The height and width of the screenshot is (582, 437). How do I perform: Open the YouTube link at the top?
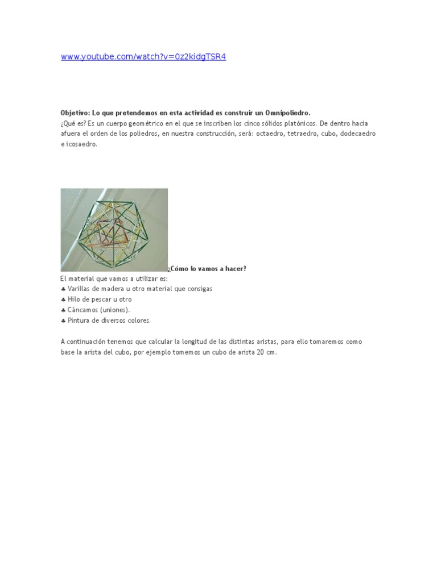[x=143, y=57]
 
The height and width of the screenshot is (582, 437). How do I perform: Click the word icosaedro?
[x=81, y=144]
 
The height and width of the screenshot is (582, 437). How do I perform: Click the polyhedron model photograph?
[x=114, y=230]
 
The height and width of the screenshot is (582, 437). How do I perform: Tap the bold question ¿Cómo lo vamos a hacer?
[x=207, y=268]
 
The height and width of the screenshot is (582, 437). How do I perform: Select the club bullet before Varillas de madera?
[x=63, y=289]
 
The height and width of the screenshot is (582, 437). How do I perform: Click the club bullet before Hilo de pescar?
[x=63, y=300]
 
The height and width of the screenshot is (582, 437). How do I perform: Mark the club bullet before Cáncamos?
[x=63, y=310]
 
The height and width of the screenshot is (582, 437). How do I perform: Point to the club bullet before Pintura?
[x=63, y=321]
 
